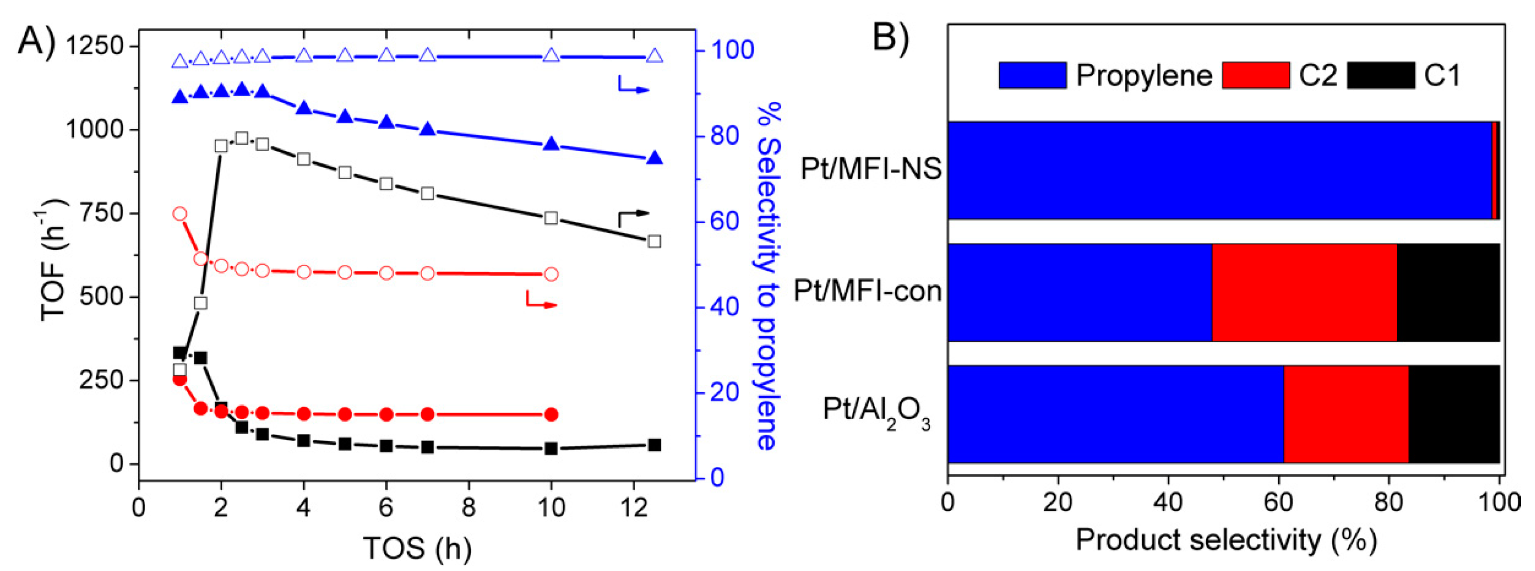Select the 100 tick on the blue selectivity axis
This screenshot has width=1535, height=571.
(x=732, y=50)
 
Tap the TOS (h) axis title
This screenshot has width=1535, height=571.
(x=417, y=548)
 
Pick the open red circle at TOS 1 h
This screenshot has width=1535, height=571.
(x=179, y=214)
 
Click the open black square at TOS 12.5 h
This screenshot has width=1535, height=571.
(x=654, y=241)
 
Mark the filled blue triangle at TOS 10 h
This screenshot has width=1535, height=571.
(x=551, y=144)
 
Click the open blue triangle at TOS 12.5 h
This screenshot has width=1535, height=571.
(x=654, y=56)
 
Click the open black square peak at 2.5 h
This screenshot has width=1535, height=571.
(x=241, y=138)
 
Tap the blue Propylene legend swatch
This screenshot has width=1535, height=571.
(x=1032, y=76)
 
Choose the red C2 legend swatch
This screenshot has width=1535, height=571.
(x=1256, y=76)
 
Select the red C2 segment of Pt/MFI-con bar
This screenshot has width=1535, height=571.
(x=1304, y=292)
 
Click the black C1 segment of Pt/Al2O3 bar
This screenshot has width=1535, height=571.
(x=1453, y=414)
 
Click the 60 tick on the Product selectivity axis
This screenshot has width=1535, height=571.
(x=1278, y=502)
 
